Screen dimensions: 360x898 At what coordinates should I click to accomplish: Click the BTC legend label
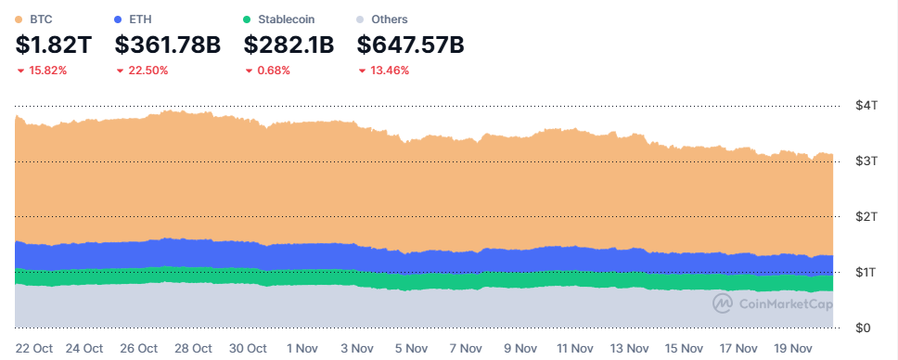click(x=41, y=19)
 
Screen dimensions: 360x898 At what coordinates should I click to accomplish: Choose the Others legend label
click(x=390, y=19)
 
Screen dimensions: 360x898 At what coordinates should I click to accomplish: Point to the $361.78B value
click(x=168, y=45)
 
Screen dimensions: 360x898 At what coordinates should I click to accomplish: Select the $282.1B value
click(x=289, y=45)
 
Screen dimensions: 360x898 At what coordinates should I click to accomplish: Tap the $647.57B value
click(x=411, y=45)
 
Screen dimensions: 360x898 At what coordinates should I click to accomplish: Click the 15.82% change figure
click(x=47, y=71)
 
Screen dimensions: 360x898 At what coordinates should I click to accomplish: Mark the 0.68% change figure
click(x=273, y=71)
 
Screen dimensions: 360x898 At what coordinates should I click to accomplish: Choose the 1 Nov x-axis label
click(x=304, y=348)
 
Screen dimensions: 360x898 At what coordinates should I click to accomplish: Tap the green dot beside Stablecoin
click(x=246, y=19)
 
